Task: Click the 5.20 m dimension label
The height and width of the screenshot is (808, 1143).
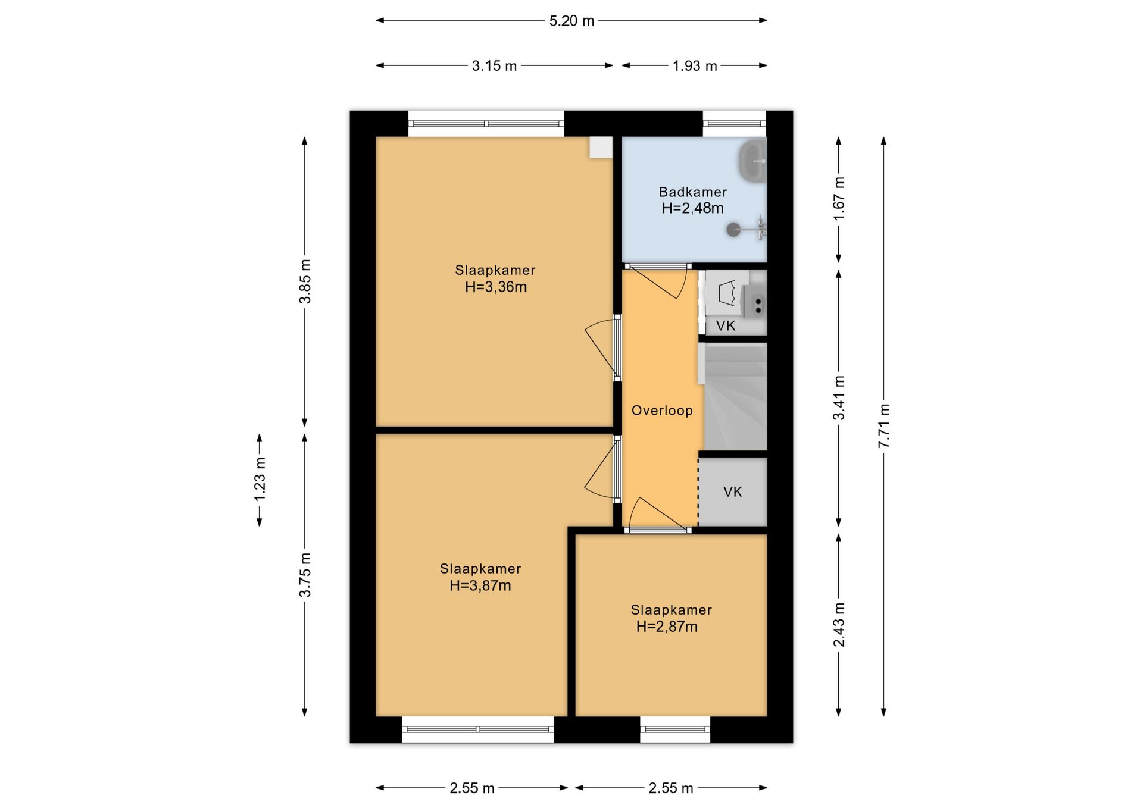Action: click(571, 21)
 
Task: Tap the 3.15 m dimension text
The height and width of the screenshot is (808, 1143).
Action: click(494, 66)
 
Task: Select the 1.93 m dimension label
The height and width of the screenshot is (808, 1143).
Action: click(695, 66)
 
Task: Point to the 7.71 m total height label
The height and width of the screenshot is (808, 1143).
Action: click(884, 426)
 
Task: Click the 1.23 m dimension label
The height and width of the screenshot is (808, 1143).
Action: click(260, 480)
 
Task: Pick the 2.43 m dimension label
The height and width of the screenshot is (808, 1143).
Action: click(839, 625)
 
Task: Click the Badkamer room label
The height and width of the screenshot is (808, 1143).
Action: click(693, 192)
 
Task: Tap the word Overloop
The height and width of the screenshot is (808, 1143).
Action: click(662, 411)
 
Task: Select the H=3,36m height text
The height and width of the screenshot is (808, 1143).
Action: click(496, 287)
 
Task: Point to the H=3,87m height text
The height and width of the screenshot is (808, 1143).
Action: click(480, 586)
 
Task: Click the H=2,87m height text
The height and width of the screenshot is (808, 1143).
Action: click(667, 627)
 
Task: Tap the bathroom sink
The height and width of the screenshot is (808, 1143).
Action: click(753, 161)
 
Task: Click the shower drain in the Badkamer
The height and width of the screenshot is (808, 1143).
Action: click(733, 229)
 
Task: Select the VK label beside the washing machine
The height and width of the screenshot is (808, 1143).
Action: click(726, 326)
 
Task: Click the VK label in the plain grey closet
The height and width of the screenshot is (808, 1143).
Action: click(733, 492)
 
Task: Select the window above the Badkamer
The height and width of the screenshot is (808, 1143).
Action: click(735, 124)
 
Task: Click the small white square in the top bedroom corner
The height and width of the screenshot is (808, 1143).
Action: click(601, 148)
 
